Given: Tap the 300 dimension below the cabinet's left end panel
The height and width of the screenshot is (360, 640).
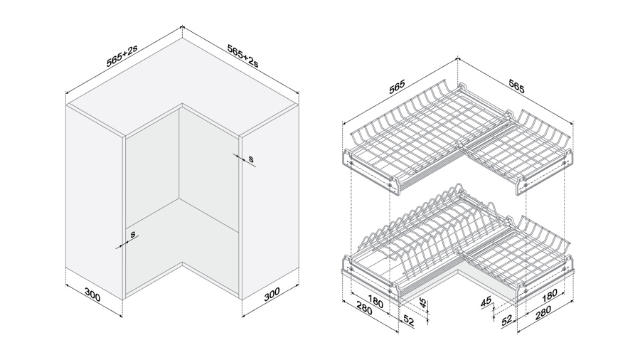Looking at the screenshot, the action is coord(92,295).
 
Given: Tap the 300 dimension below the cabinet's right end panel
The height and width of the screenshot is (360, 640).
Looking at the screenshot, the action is coord(272,294).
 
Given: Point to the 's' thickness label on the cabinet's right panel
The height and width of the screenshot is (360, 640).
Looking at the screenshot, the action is coord(251,159).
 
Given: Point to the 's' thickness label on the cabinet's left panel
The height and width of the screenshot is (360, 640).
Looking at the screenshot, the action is coord(133,234).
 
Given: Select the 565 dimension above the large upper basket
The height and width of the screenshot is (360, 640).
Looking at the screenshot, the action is coord(396,87).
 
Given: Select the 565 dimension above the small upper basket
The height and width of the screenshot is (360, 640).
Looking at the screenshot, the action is coord(516,86).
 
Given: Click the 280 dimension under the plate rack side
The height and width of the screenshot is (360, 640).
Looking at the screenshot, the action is coord(363,309).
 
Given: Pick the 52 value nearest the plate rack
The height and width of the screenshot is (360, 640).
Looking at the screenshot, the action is coord(407,320).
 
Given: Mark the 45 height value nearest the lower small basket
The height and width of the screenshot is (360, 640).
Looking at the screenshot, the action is coord(486,302).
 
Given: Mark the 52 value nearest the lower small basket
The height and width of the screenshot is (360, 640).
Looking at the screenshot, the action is coord(506,320).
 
